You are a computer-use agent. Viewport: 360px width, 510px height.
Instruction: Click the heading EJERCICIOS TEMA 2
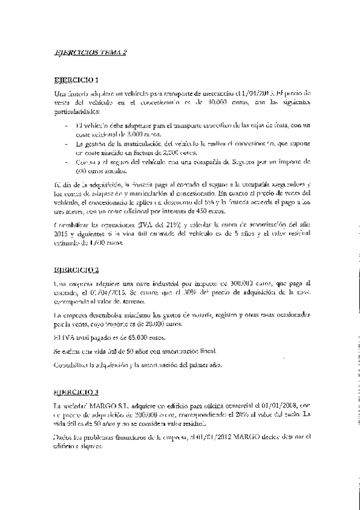(x=91, y=53)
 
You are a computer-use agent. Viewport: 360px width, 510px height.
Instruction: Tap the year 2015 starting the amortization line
(x=61, y=234)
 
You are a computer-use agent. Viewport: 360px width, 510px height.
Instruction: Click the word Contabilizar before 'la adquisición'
(x=71, y=364)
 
